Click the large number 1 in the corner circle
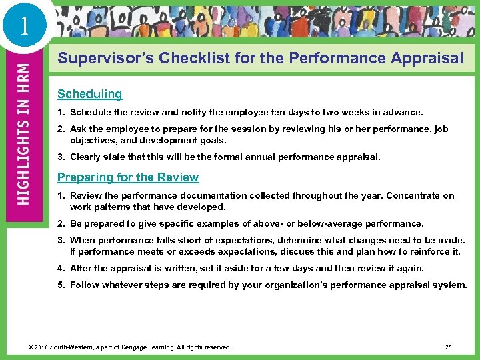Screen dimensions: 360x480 [25, 25]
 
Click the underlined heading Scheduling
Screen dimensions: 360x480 [89, 94]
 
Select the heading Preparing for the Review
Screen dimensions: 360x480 [128, 177]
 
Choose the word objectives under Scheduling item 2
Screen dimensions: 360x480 [93, 141]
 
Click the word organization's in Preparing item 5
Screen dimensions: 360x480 [304, 285]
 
